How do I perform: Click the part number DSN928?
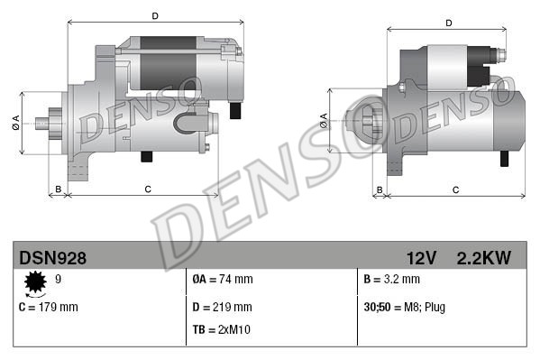52,258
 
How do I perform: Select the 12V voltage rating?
421,258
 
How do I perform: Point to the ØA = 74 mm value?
223,280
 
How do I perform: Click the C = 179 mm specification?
49,308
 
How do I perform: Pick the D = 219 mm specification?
224,308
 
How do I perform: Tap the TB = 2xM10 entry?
222,329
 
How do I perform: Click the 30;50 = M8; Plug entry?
404,308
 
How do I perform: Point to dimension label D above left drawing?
155,16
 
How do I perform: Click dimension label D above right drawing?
448,23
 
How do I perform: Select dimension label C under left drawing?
147,189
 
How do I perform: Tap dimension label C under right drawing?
455,189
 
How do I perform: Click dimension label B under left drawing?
58,189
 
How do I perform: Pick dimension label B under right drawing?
380,189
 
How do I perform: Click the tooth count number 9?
58,280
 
